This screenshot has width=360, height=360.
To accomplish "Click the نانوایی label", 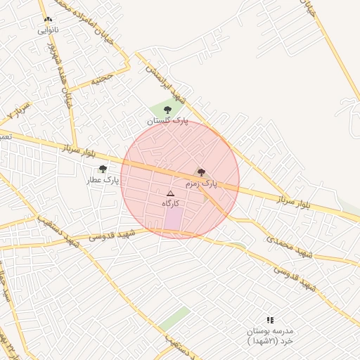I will (49, 30).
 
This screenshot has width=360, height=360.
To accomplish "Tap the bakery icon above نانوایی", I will (48, 20).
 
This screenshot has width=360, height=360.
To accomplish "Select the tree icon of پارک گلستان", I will (167, 110).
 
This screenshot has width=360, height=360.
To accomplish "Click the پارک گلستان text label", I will (168, 121).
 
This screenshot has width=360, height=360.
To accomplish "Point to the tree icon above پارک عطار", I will (103, 169).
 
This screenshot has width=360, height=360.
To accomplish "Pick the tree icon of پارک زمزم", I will (201, 172).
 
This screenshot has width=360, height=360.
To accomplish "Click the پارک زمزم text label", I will (201, 184).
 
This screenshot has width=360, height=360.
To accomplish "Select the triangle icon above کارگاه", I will (170, 193).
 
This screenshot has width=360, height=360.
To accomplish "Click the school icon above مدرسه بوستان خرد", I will (270, 320).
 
